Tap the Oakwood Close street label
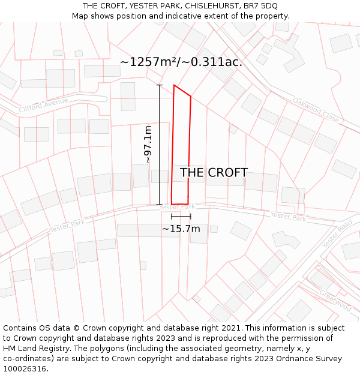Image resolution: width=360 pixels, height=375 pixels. [x=316, y=110]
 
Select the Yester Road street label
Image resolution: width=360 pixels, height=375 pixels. [x=337, y=234]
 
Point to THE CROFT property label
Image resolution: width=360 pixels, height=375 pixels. [x=214, y=173]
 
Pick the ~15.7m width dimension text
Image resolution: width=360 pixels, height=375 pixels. [x=181, y=229]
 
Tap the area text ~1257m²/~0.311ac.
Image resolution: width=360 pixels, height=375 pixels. [x=181, y=62]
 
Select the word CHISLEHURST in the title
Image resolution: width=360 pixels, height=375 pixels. [x=205, y=6]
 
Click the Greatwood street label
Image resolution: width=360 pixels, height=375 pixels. [x=335, y=299]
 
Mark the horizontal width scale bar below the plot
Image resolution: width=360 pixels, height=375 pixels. [x=181, y=217]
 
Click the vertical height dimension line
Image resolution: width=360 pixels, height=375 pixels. [x=160, y=145]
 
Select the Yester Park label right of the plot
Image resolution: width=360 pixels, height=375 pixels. [x=288, y=217]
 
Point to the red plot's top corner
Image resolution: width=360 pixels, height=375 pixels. [x=174, y=85]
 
